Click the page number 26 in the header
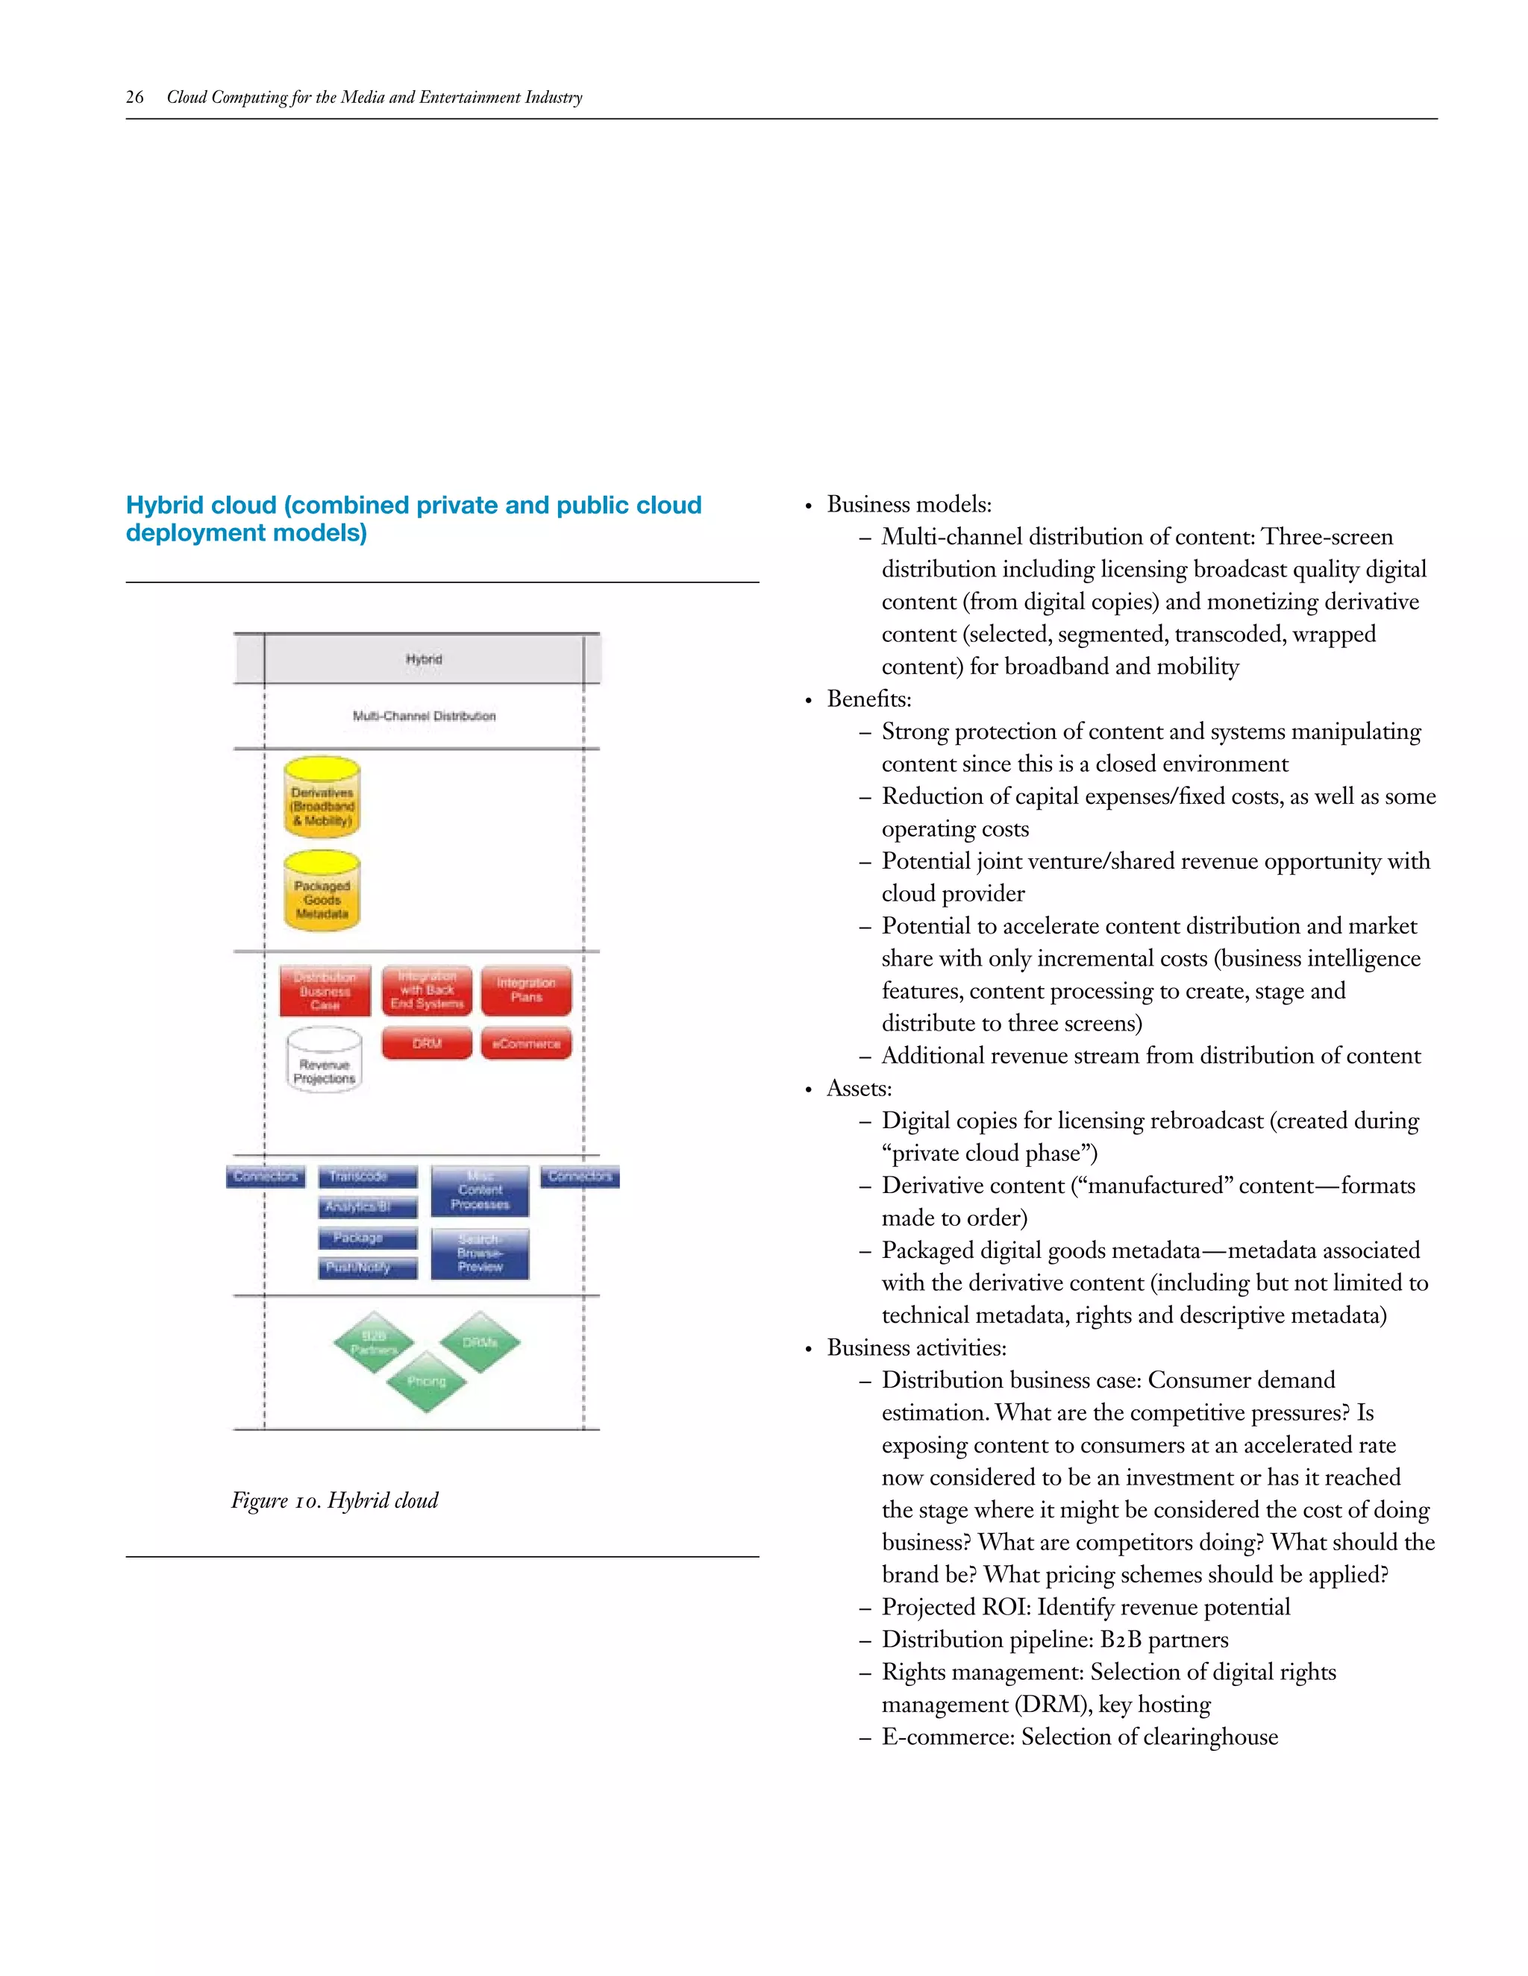tap(134, 98)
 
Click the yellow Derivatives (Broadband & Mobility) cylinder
tap(322, 799)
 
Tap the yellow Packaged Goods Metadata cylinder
tap(322, 893)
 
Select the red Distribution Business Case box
tap(325, 992)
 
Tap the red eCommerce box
tap(526, 1043)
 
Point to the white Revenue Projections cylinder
tap(324, 1061)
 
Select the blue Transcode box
tap(368, 1176)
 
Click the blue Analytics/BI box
tap(368, 1207)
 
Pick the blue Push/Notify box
tap(368, 1268)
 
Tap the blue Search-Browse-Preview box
tap(480, 1253)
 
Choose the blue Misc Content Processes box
tap(480, 1191)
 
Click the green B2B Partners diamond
tap(374, 1343)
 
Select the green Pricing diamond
tap(425, 1382)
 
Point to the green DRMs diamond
tap(480, 1343)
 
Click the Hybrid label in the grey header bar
tap(424, 660)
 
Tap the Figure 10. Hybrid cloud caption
tap(334, 1501)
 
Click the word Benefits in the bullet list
tap(868, 699)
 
